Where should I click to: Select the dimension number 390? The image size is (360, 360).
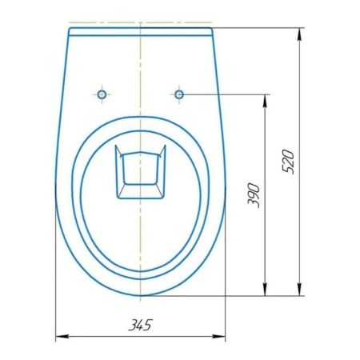254,194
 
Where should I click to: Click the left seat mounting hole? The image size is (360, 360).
101,94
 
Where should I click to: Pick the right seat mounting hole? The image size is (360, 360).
178,94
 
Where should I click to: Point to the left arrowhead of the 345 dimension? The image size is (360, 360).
58,338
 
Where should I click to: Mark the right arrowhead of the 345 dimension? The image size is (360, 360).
222,338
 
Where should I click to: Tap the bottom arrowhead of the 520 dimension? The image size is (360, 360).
301,292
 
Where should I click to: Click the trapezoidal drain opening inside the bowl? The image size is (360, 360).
140,172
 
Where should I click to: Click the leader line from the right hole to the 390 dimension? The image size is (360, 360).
224,94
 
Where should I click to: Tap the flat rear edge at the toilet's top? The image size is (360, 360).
140,29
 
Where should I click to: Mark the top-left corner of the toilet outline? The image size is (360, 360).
69,30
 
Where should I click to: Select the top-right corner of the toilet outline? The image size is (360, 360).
212,30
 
